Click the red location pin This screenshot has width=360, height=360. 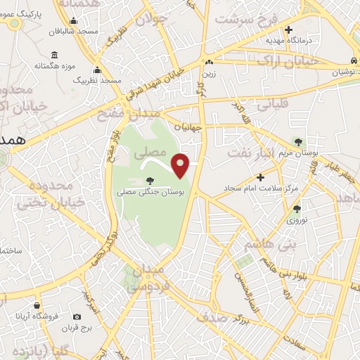click(181, 165)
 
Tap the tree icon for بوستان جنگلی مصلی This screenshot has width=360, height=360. click(148, 181)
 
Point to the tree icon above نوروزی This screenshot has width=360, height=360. click(297, 208)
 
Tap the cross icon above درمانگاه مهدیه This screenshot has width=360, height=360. click(288, 29)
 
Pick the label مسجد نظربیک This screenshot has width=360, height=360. click(98, 81)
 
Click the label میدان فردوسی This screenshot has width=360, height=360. click(148, 278)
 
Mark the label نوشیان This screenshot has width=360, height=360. click(337, 73)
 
